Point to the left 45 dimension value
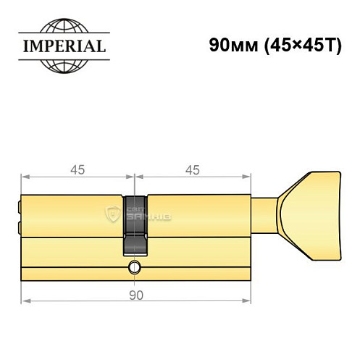click(x=78, y=170)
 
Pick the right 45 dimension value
click(x=193, y=170)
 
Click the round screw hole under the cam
click(x=135, y=269)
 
